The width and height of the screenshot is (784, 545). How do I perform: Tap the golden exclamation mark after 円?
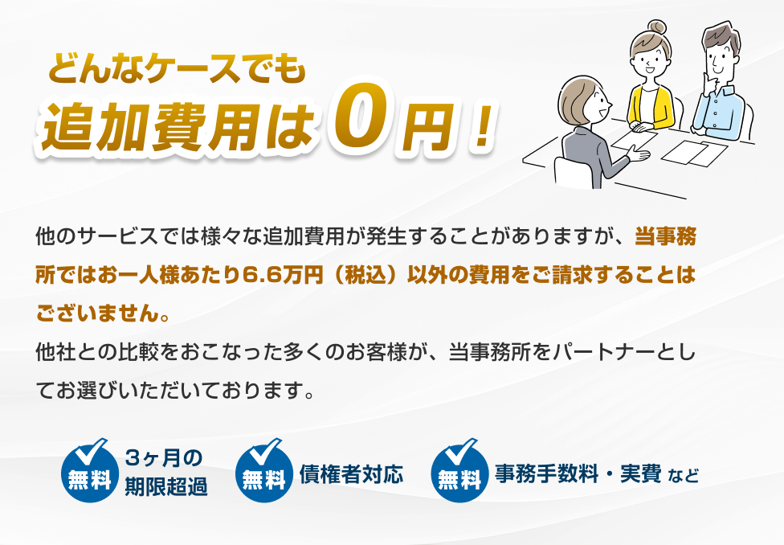click(x=481, y=127)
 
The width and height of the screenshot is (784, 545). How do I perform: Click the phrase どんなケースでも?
click(x=177, y=68)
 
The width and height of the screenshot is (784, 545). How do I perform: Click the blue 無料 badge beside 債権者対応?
click(x=264, y=470)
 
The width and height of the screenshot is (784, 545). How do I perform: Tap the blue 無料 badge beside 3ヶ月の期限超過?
click(x=90, y=470)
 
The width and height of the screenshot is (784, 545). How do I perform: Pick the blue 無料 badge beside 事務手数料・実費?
click(x=459, y=470)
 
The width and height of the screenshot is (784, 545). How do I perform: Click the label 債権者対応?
click(x=352, y=474)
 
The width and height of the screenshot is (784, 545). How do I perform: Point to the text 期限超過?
click(x=166, y=486)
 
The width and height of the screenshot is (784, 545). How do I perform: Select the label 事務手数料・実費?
click(x=578, y=473)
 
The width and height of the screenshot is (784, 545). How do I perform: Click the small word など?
click(x=683, y=475)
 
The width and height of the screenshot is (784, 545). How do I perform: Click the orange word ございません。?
click(x=104, y=313)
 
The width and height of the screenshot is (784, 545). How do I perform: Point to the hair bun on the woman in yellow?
click(x=656, y=27)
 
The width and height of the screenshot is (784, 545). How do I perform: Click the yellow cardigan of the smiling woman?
click(x=650, y=107)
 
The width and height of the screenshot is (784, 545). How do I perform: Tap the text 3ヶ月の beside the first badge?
click(x=164, y=457)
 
